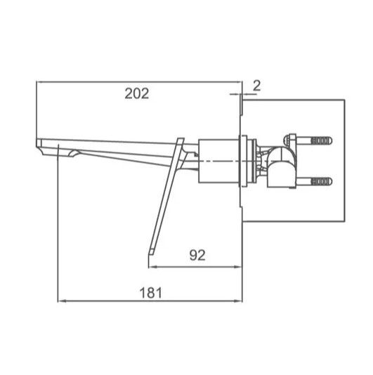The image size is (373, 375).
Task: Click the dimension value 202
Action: [137, 93]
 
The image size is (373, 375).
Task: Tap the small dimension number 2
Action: [256, 86]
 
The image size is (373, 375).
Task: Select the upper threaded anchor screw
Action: [320, 141]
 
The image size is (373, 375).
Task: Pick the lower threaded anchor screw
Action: [320, 182]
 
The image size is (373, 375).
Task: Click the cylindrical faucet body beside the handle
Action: [218, 161]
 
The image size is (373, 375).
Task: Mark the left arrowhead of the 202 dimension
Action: [39, 82]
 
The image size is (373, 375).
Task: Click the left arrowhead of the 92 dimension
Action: [149, 266]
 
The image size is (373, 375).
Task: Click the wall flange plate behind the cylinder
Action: [244, 161]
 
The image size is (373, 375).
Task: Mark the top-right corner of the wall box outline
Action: [344, 100]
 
